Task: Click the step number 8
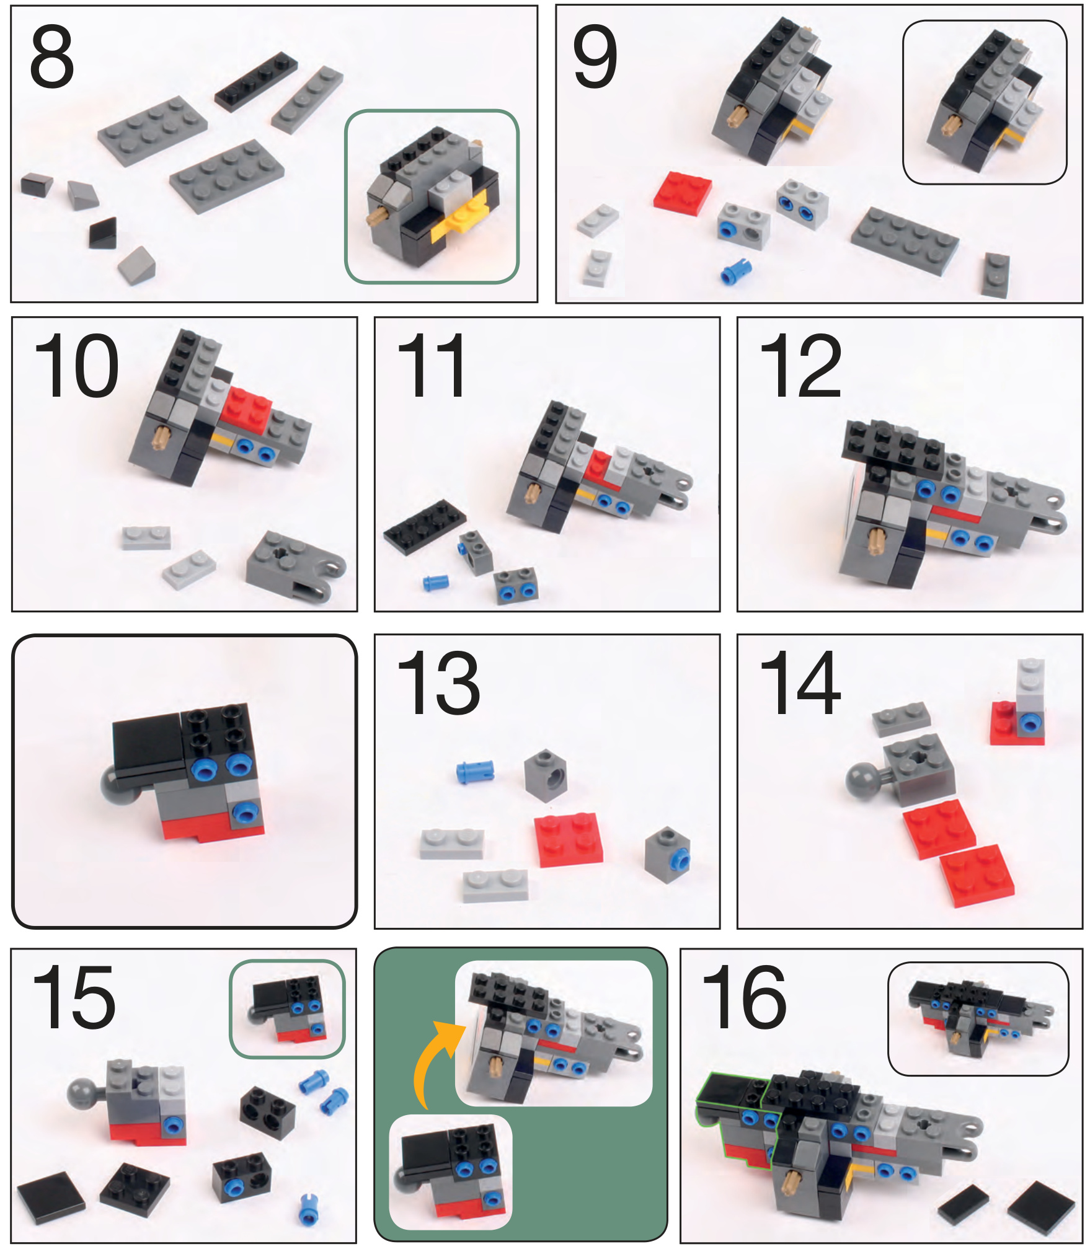pyautogui.click(x=51, y=56)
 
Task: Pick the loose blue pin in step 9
pyautogui.click(x=736, y=271)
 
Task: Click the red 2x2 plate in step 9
pyautogui.click(x=683, y=193)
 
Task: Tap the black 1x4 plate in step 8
pyautogui.click(x=256, y=81)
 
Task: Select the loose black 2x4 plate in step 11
pyautogui.click(x=425, y=526)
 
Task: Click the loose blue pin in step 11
pyautogui.click(x=435, y=582)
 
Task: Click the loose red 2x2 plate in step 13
pyautogui.click(x=569, y=839)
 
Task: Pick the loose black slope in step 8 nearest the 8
pyautogui.click(x=37, y=185)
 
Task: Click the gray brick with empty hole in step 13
pyautogui.click(x=545, y=775)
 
